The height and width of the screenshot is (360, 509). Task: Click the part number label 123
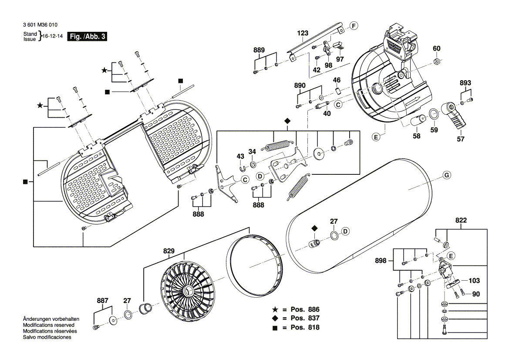303,33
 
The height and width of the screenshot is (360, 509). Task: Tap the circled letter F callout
354,26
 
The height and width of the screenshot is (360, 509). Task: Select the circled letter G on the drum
446,176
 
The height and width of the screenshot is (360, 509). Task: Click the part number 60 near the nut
436,48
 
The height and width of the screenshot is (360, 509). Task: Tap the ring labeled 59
434,115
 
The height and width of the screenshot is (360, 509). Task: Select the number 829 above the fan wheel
169,251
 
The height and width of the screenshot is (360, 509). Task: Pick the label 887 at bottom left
102,300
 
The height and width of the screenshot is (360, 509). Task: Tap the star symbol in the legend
275,309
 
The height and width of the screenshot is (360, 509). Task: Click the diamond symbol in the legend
275,318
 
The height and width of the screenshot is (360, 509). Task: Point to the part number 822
461,221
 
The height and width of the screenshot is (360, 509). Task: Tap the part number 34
252,152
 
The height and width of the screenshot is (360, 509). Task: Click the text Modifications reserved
48,325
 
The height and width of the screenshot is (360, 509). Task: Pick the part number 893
465,83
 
